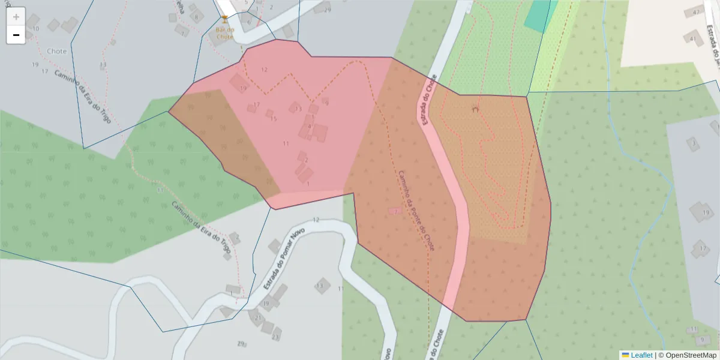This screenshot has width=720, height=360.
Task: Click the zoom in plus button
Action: (x=16, y=17)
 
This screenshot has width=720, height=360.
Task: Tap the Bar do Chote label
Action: (x=224, y=33)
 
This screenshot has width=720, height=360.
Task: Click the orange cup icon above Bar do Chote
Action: (x=224, y=20)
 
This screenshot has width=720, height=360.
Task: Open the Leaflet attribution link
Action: (x=641, y=355)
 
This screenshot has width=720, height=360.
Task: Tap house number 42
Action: (x=696, y=12)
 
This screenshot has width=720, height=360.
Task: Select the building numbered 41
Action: (x=694, y=39)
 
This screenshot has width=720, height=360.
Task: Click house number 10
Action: (x=35, y=29)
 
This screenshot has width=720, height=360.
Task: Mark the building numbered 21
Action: (x=257, y=317)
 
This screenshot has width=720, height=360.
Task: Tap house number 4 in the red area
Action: (x=310, y=126)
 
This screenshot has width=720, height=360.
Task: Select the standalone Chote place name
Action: (x=56, y=52)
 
